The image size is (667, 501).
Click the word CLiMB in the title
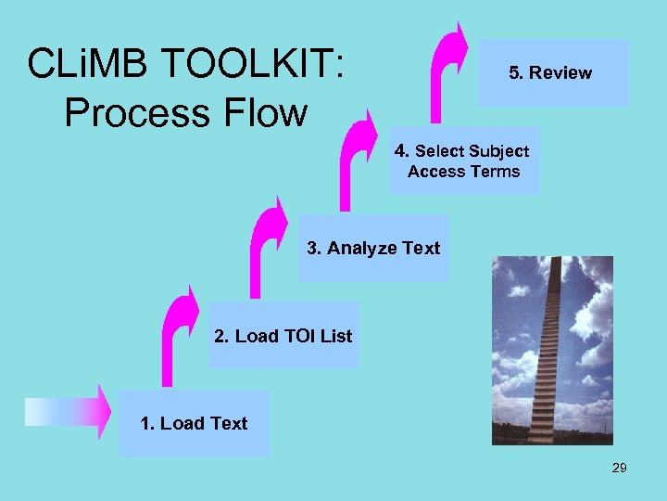point(84,64)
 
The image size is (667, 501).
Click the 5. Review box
point(553,72)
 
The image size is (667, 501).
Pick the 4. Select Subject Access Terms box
point(463,161)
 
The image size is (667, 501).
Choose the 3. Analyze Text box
point(372,248)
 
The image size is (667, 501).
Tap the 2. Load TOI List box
point(283,335)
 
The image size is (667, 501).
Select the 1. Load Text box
point(194,423)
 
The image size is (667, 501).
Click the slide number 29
point(619,468)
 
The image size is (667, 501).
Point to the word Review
point(560,72)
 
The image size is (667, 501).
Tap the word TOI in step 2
point(299,336)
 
